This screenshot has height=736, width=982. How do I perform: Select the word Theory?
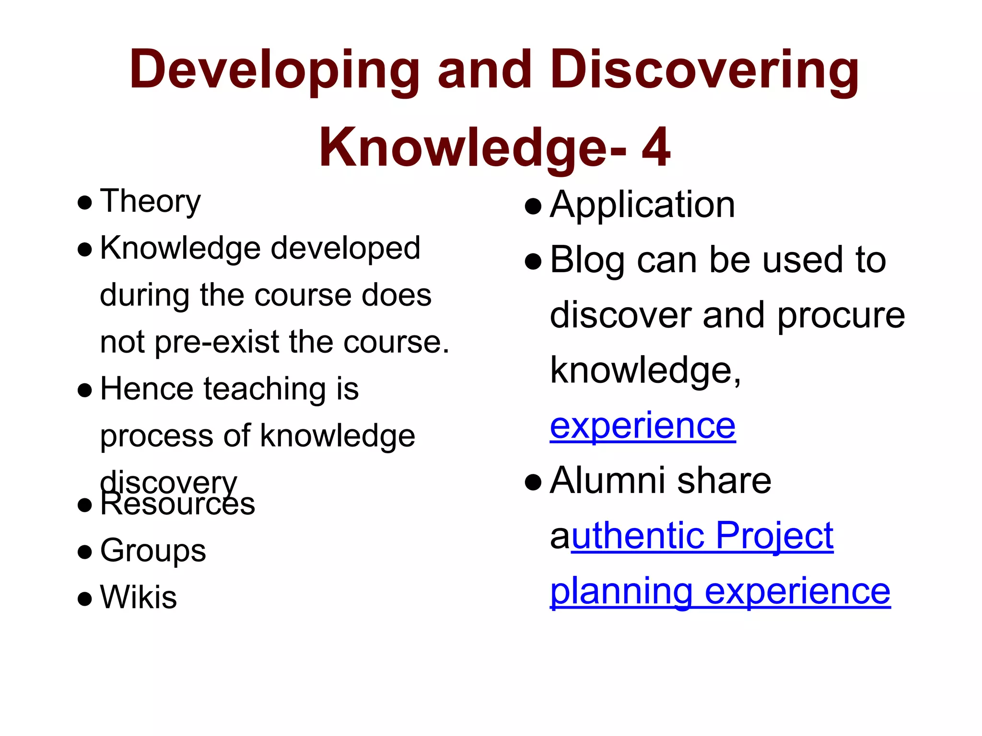(150, 201)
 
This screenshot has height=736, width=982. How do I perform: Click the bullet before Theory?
(84, 203)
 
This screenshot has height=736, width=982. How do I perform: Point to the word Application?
(642, 205)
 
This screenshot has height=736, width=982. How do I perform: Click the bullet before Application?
(533, 207)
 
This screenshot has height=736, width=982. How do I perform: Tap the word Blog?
(587, 260)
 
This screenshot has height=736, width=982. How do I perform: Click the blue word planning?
(621, 591)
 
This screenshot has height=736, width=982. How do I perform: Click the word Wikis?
(139, 598)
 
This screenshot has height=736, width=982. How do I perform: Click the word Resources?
(177, 505)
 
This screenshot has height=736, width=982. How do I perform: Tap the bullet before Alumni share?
(533, 482)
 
